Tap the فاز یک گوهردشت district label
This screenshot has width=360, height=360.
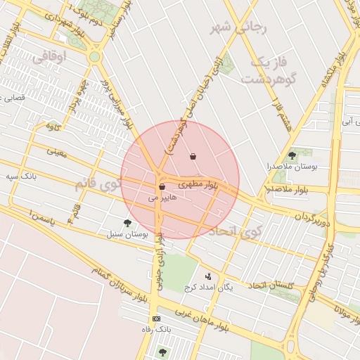pyautogui.click(x=266, y=70)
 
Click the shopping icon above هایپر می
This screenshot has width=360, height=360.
pyautogui.click(x=162, y=187)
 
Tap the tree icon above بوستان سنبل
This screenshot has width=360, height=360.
pyautogui.click(x=127, y=223)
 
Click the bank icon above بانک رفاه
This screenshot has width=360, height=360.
pyautogui.click(x=155, y=319)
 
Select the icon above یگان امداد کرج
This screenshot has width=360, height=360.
pyautogui.click(x=208, y=276)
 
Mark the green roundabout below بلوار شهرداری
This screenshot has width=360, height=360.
pyautogui.click(x=94, y=56)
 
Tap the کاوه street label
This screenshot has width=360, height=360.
pyautogui.click(x=51, y=126)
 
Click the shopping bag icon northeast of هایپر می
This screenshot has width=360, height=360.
pyautogui.click(x=193, y=156)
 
